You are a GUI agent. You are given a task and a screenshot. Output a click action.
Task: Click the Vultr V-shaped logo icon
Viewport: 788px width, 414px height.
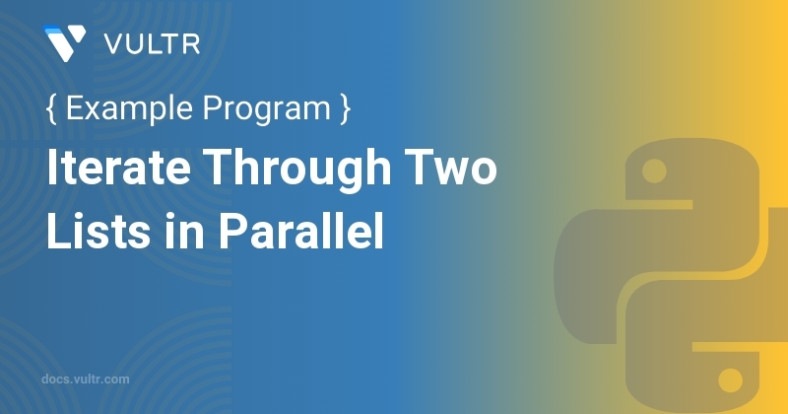point(64,43)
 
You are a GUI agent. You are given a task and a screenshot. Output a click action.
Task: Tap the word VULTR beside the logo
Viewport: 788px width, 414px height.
point(153,44)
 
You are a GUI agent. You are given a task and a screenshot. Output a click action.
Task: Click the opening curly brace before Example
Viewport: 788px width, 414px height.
point(51,108)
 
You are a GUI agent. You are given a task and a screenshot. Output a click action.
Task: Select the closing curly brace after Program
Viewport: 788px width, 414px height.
point(345,108)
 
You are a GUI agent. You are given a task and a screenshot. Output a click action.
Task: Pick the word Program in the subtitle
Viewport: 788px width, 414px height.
point(266,109)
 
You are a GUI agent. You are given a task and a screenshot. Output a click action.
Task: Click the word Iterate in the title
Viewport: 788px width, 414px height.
point(118,167)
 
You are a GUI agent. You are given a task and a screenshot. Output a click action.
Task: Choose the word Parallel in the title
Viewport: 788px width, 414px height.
point(301,231)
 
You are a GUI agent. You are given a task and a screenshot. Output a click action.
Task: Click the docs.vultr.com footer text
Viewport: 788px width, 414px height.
point(86,379)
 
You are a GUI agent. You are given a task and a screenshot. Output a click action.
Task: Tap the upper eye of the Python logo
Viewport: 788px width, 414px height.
point(654,172)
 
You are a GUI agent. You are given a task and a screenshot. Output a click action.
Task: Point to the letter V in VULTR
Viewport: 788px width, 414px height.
point(115,44)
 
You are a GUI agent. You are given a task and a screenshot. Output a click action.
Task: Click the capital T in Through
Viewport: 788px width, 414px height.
point(221,167)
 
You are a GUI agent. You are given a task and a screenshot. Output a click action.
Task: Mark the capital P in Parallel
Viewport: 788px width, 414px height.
point(233,231)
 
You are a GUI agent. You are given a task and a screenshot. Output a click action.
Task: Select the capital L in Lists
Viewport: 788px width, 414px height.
point(58,231)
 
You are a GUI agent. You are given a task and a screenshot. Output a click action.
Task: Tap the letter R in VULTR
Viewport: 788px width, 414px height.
point(192,44)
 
